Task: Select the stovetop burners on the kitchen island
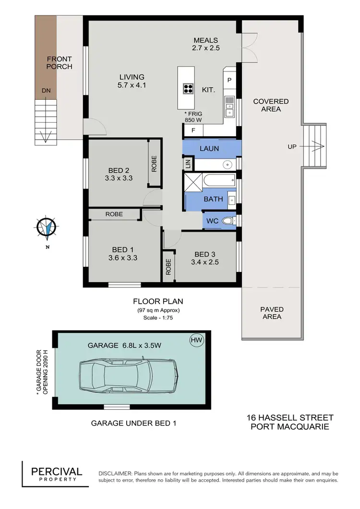click(x=188, y=89)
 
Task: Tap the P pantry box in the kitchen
click(x=229, y=80)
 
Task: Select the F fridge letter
click(x=193, y=130)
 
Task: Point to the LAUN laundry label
click(x=209, y=149)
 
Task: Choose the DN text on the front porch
click(x=46, y=90)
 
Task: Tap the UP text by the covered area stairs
click(x=292, y=147)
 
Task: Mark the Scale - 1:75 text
click(x=158, y=318)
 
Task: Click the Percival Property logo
click(x=57, y=474)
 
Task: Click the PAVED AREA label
click(x=272, y=313)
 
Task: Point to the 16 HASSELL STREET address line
click(x=290, y=418)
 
